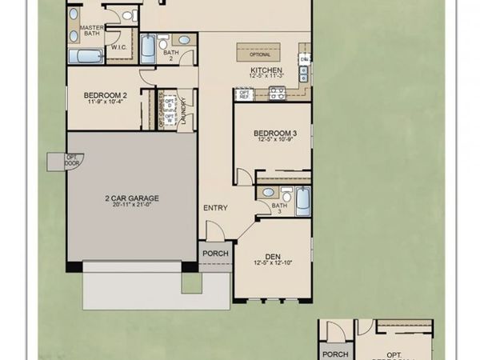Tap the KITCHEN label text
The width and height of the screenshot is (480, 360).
266,70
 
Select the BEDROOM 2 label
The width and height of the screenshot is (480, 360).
104,96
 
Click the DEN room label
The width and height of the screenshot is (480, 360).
274,257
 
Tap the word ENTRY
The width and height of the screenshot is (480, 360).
215,208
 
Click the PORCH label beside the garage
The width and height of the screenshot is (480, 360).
216,254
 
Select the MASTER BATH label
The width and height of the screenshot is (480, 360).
92,31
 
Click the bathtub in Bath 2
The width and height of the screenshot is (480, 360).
148,48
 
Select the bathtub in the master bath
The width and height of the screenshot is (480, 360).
85,56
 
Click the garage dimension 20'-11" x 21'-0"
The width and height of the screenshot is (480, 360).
131,206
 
